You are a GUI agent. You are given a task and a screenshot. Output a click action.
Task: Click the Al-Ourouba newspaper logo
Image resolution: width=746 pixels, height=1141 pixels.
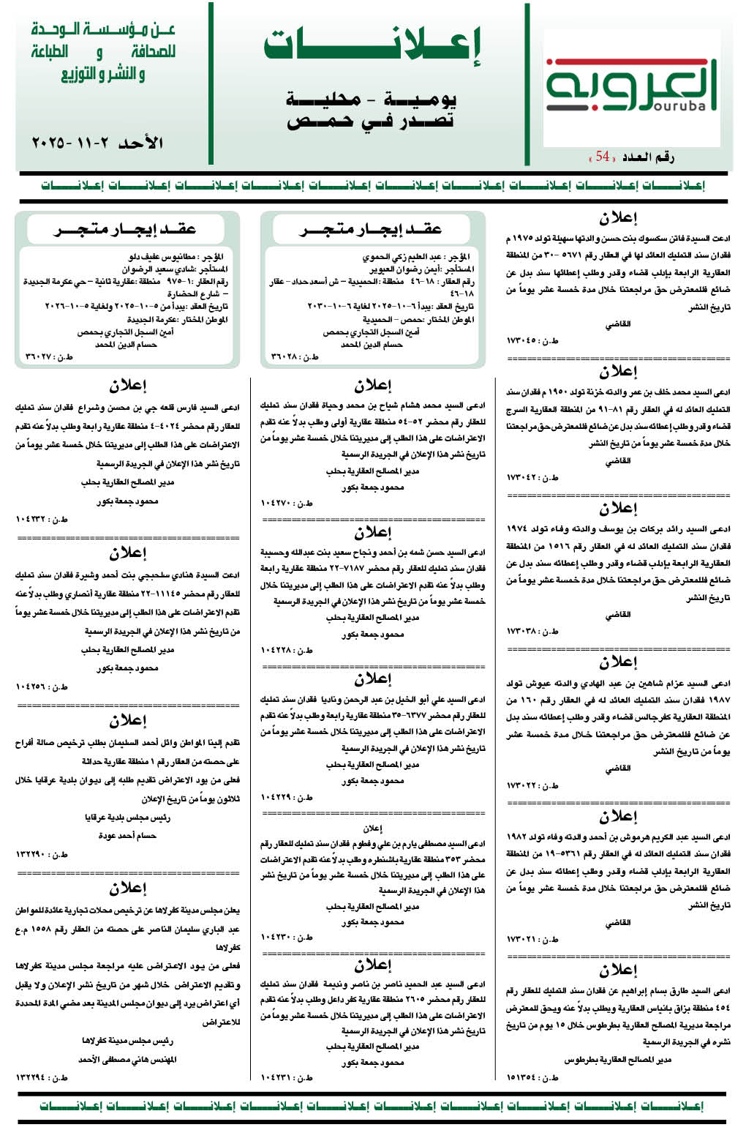pyautogui.click(x=630, y=86)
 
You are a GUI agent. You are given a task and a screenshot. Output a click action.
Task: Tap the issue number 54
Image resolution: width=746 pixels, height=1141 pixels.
pyautogui.click(x=603, y=156)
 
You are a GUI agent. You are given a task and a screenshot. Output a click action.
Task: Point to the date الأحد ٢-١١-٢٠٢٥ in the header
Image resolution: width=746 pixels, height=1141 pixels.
pyautogui.click(x=97, y=143)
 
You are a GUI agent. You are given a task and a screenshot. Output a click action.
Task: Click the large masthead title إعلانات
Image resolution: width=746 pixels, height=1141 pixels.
pyautogui.click(x=372, y=45)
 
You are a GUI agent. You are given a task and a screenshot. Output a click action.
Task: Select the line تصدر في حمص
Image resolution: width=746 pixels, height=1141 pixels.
pyautogui.click(x=371, y=120)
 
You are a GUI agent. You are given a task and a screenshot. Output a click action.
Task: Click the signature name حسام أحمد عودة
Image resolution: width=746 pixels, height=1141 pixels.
pyautogui.click(x=127, y=835)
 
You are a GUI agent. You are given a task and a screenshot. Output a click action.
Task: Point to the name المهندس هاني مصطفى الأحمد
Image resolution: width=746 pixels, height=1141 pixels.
pyautogui.click(x=127, y=1058)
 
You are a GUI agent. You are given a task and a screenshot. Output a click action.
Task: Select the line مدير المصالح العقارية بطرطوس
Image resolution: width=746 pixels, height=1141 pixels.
pyautogui.click(x=617, y=1059)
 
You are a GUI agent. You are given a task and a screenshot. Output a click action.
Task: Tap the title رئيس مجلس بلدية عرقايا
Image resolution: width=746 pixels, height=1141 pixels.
pyautogui.click(x=127, y=817)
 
